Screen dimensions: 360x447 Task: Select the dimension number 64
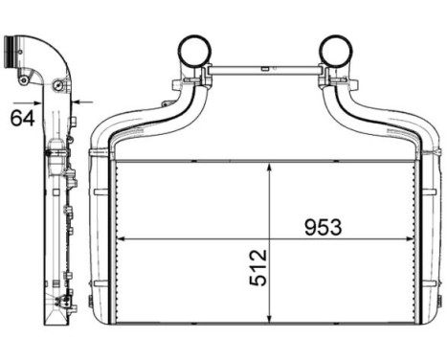point(22,118)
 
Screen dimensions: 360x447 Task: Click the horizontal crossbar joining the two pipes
point(265,71)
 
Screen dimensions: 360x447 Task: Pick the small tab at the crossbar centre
point(265,66)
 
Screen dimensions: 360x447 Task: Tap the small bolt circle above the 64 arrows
point(60,88)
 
